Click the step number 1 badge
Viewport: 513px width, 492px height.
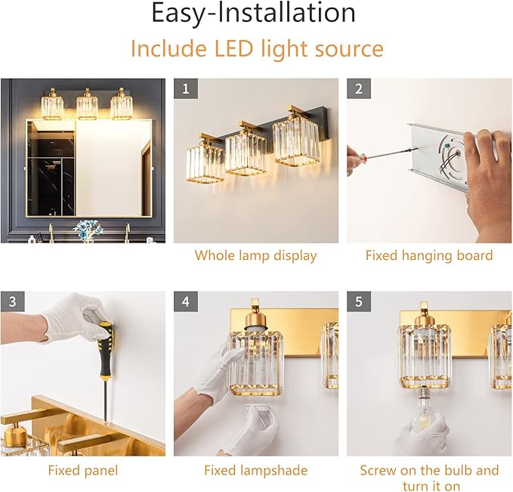pos(186,88)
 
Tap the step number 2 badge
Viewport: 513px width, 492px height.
pos(359,88)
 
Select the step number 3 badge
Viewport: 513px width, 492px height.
pos(13,302)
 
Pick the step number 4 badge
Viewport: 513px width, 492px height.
pos(186,302)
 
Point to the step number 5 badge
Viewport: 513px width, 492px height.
pos(359,302)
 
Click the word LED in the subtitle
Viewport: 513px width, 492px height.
pos(233,48)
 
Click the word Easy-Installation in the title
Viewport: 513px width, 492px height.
pos(254,13)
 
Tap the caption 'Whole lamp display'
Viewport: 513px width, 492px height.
pos(256,255)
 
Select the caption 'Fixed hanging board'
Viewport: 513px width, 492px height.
pos(429,255)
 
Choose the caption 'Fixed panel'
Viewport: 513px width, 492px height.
pos(83,470)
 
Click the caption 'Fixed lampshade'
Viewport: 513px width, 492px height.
pos(256,470)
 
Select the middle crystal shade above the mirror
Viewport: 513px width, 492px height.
pos(87,106)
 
